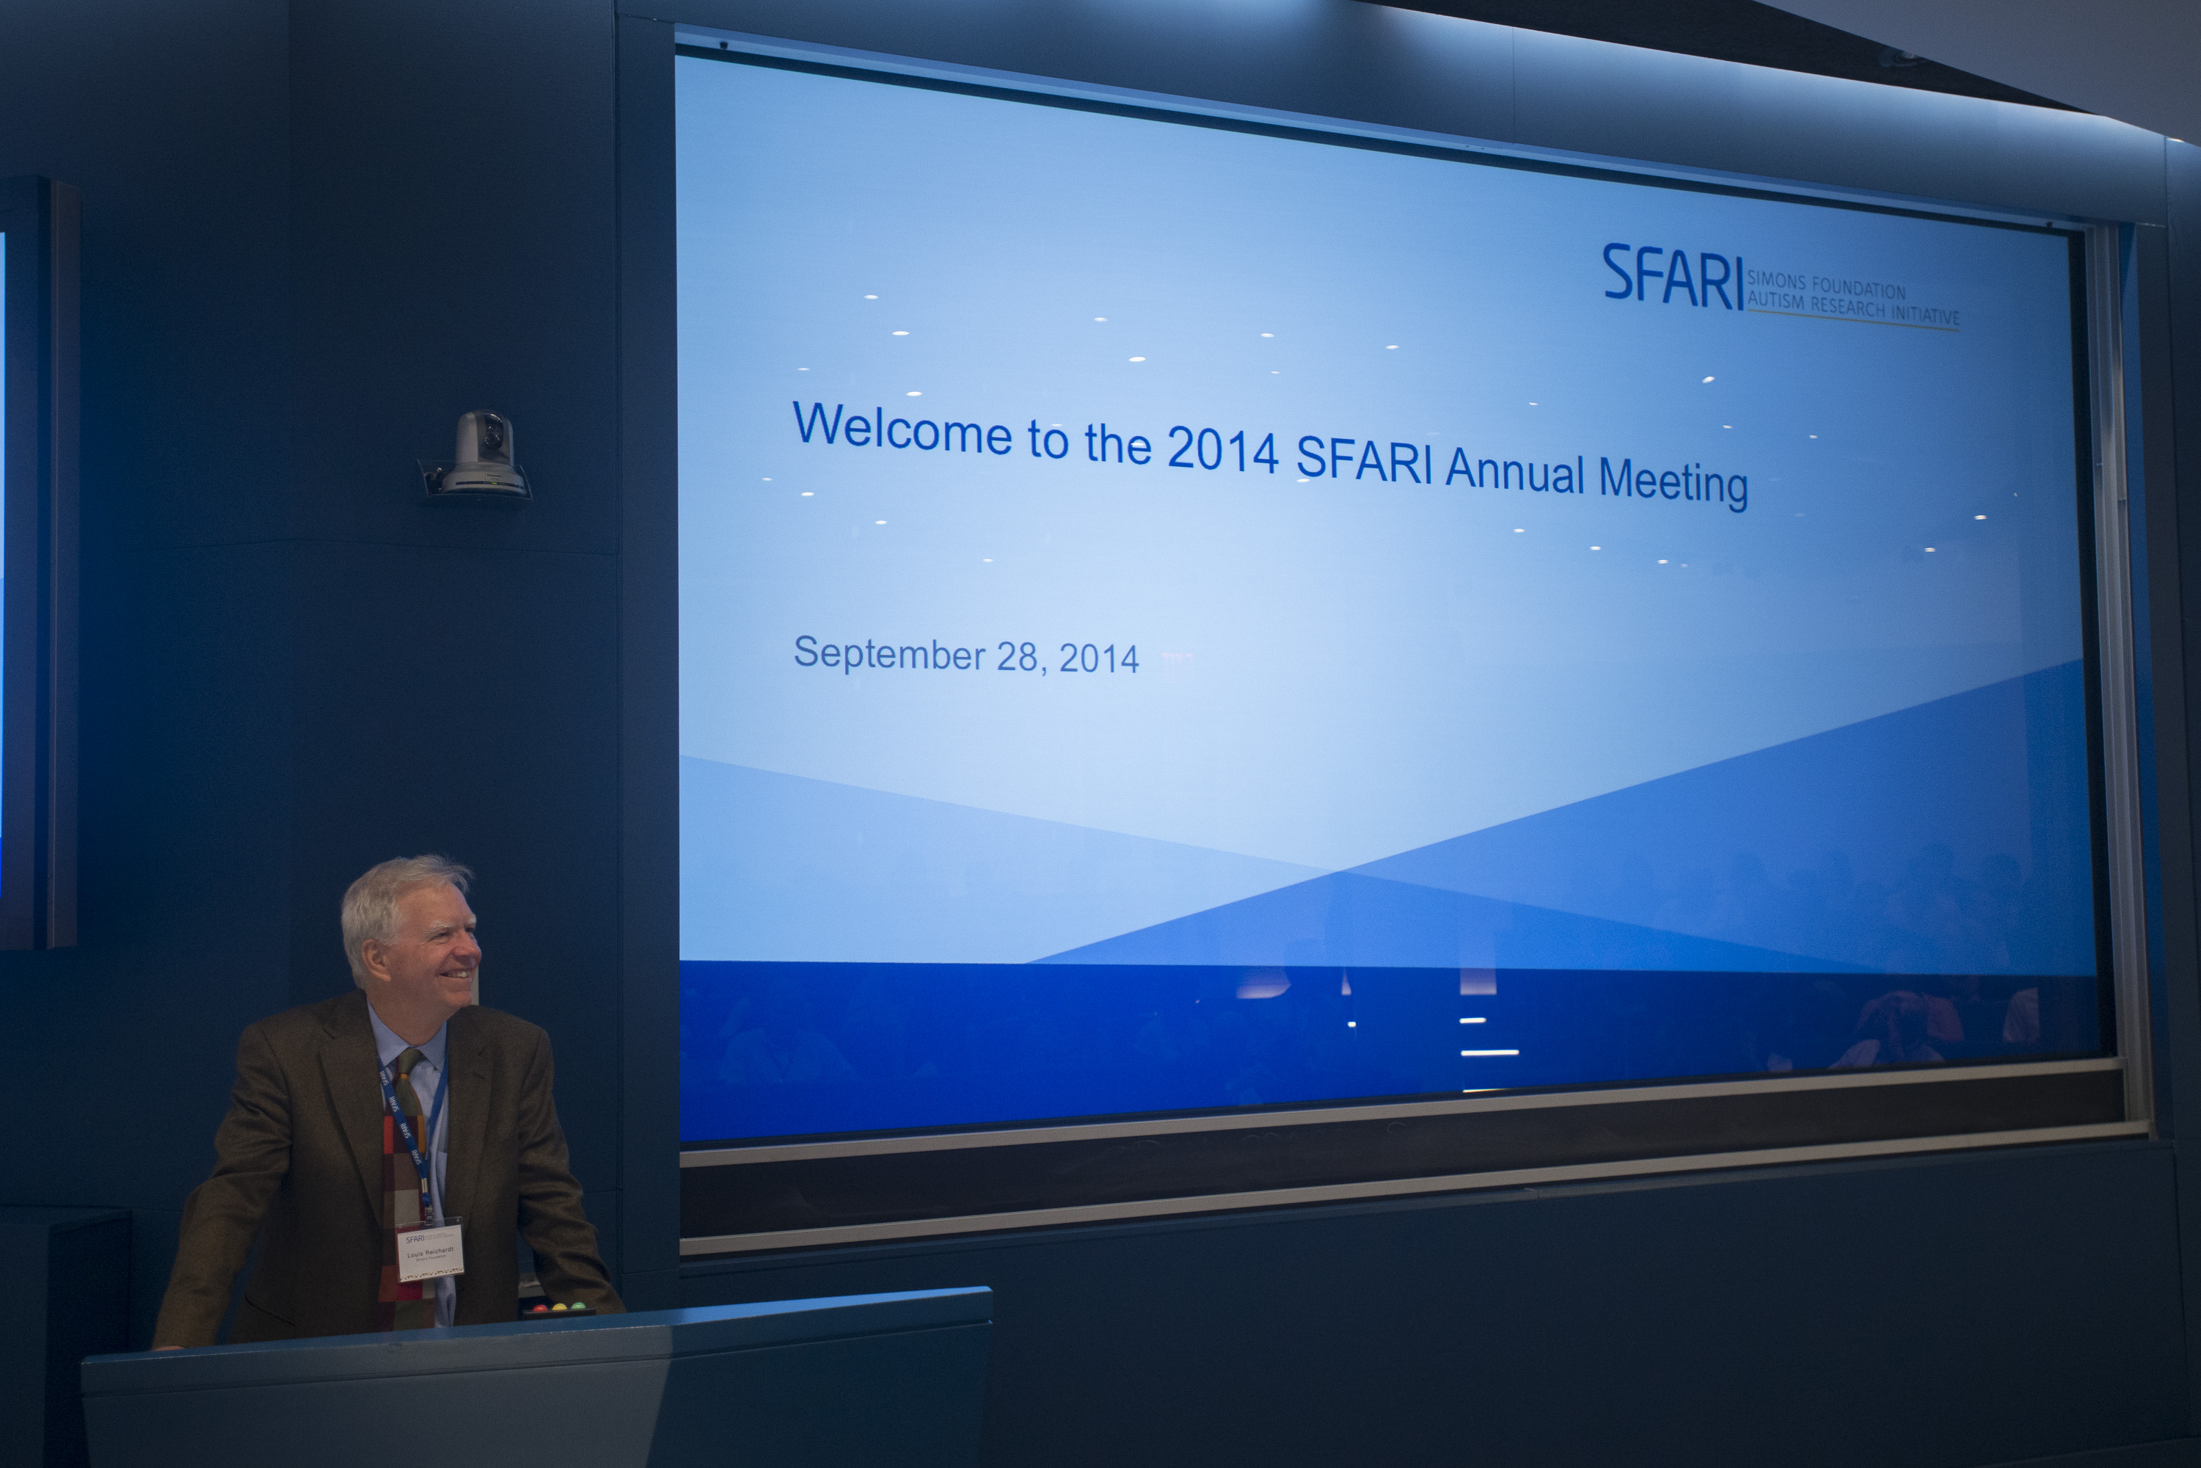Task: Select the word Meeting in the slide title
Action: click(1672, 482)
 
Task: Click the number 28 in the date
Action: click(1017, 656)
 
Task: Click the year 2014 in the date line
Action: click(1098, 659)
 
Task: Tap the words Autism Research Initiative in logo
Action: click(1853, 309)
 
